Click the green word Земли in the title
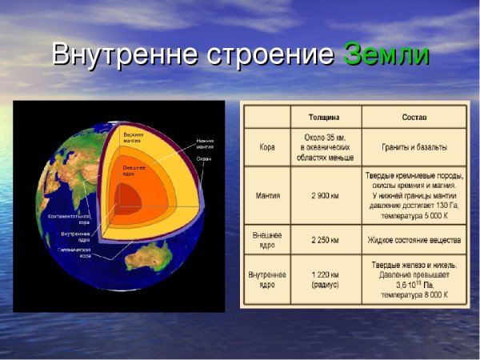tap(386, 54)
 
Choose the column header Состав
tap(414, 117)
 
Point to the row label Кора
tap(267, 147)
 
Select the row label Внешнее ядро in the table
tap(267, 239)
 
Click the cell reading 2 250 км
tap(324, 240)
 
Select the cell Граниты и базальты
tap(414, 148)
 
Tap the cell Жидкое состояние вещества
tap(414, 240)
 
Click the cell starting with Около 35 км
tap(324, 147)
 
